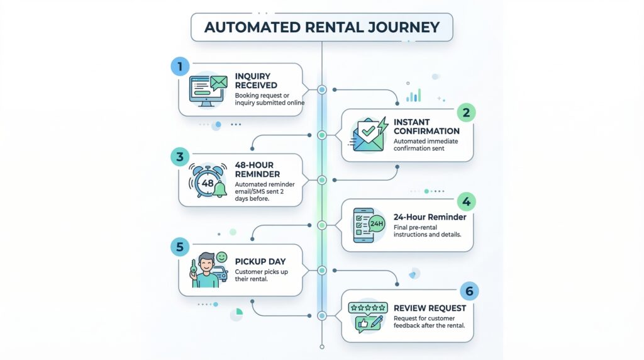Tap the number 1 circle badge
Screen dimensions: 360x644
pyautogui.click(x=179, y=65)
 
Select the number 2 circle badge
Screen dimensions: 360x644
pyautogui.click(x=466, y=112)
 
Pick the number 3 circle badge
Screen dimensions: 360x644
pyautogui.click(x=179, y=157)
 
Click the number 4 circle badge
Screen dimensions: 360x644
pyautogui.click(x=466, y=201)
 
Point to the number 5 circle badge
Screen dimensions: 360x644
pyautogui.click(x=179, y=247)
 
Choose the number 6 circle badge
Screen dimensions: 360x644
pyautogui.click(x=469, y=291)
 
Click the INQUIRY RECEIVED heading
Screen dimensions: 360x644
pyautogui.click(x=256, y=81)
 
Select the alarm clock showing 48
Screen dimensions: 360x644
pyautogui.click(x=207, y=181)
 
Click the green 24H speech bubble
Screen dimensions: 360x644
pyautogui.click(x=377, y=223)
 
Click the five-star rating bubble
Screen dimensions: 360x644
pyautogui.click(x=367, y=308)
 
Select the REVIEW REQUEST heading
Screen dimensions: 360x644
pyautogui.click(x=430, y=308)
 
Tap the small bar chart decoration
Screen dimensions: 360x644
pyautogui.click(x=413, y=96)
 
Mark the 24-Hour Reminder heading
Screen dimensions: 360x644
pyautogui.click(x=430, y=217)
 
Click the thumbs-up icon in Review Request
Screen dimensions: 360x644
pyautogui.click(x=364, y=324)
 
